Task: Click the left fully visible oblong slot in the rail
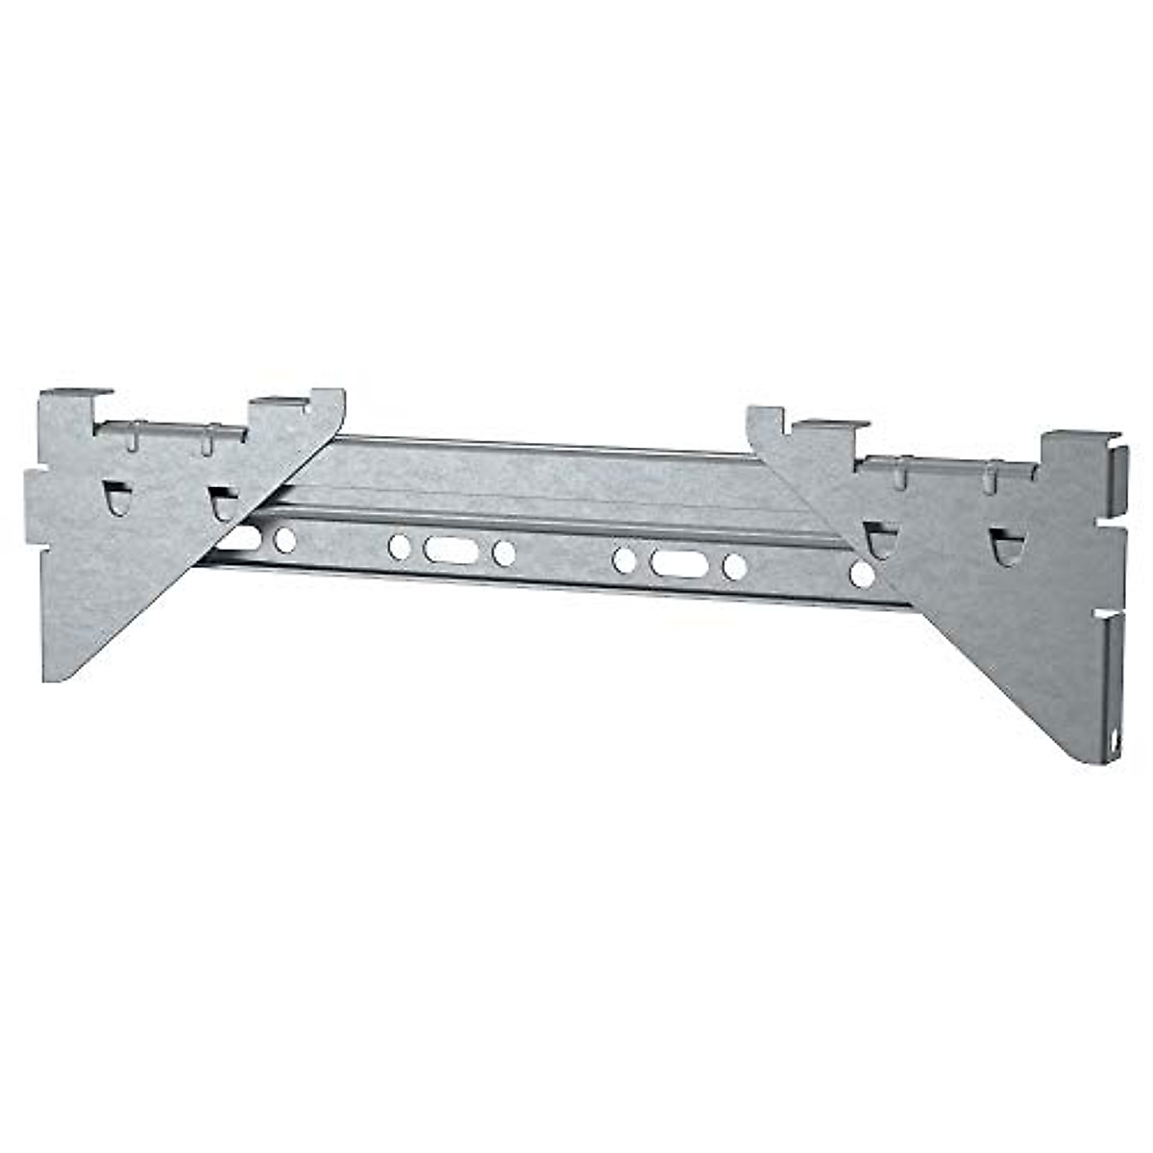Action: coord(451,550)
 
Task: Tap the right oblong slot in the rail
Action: coord(678,563)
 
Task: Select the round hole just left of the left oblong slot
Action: coord(399,547)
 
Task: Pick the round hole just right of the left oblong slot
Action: coord(503,552)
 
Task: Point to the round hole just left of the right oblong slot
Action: coord(625,559)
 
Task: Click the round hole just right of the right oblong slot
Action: coord(734,567)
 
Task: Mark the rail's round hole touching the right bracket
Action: coord(862,575)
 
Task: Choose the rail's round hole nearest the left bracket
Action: coord(284,540)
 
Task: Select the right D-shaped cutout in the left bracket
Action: coord(222,503)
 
